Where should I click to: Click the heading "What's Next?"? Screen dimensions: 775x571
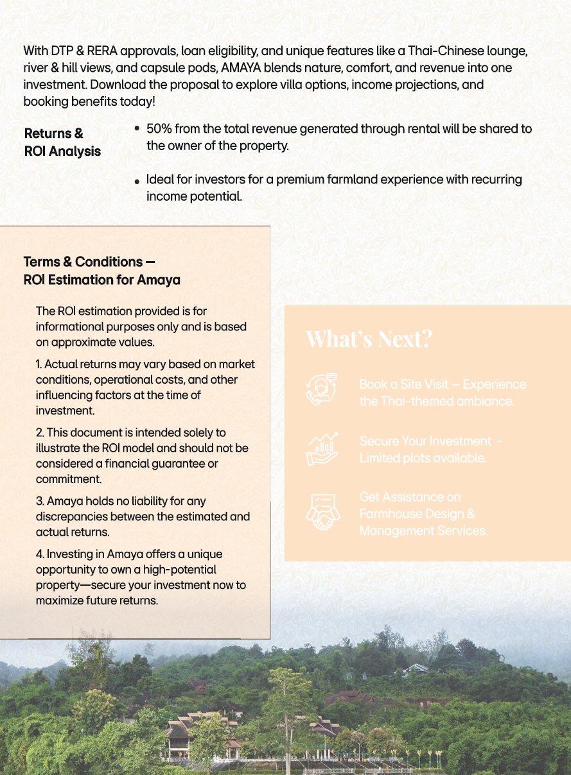click(369, 339)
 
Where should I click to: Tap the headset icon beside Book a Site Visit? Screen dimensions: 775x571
click(322, 389)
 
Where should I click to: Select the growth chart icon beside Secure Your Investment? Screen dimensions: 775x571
click(322, 448)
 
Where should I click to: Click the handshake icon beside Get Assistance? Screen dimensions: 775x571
click(322, 512)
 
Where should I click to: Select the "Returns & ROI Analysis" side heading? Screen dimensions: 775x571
click(62, 142)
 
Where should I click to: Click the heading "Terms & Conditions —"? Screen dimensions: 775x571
click(89, 262)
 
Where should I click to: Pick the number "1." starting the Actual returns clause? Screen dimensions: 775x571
click(40, 364)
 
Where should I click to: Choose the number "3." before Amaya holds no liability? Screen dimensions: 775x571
click(40, 501)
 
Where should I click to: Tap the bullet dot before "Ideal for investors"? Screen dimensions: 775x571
click(137, 182)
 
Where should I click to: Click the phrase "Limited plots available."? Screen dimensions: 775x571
click(422, 458)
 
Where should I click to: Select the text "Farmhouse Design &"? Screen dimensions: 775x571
click(417, 514)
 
